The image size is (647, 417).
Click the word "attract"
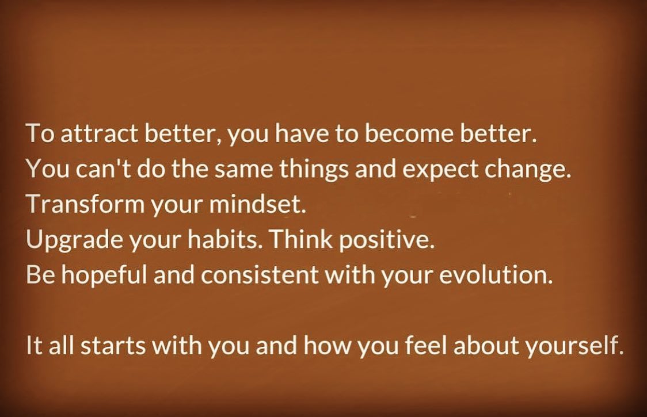pyautogui.click(x=99, y=133)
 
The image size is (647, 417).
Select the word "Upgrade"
pyautogui.click(x=74, y=240)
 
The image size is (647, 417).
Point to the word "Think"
pyautogui.click(x=301, y=239)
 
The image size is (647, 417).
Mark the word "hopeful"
pyautogui.click(x=104, y=274)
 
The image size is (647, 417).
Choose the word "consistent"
pyautogui.click(x=260, y=275)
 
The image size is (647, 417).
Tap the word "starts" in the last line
pyautogui.click(x=113, y=346)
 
